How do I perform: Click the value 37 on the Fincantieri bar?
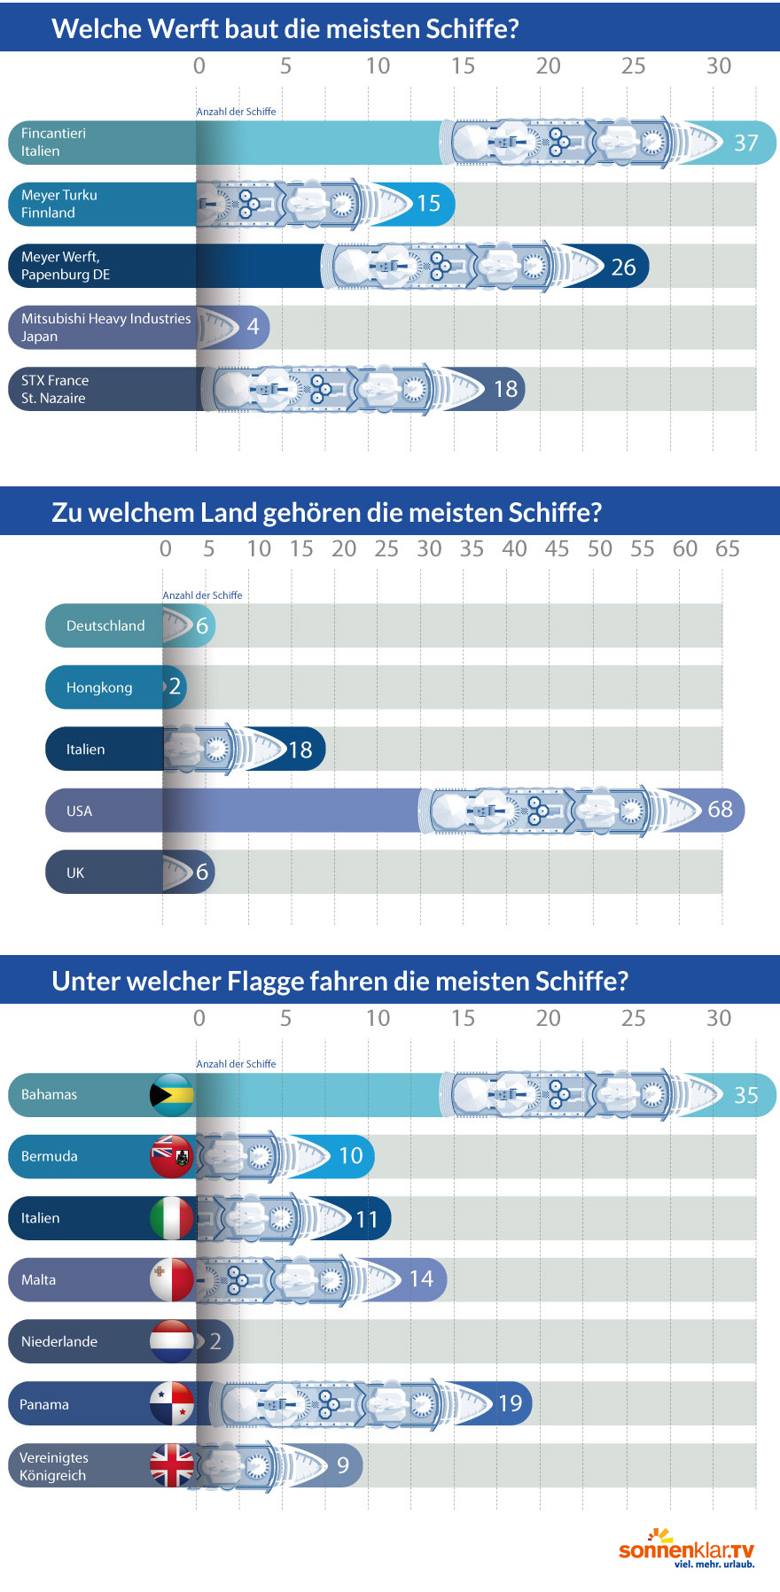[x=745, y=143]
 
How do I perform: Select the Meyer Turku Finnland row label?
[x=59, y=204]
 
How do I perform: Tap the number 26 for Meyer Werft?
[x=623, y=267]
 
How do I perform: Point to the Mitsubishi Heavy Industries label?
[x=105, y=327]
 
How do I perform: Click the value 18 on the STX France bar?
[x=505, y=389]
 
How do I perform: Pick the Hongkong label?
[x=99, y=687]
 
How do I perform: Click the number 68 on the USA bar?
[x=720, y=809]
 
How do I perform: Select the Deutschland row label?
[x=105, y=625]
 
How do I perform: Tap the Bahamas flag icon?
[x=172, y=1095]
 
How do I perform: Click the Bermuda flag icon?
[x=172, y=1156]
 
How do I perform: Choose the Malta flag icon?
[x=172, y=1279]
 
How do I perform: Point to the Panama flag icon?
[x=172, y=1403]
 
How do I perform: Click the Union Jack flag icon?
[x=172, y=1465]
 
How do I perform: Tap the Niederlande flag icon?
[x=172, y=1341]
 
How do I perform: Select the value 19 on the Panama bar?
[x=510, y=1403]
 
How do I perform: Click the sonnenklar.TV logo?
[x=686, y=1550]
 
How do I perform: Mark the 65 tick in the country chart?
[x=727, y=548]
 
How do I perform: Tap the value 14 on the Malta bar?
[x=421, y=1279]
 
